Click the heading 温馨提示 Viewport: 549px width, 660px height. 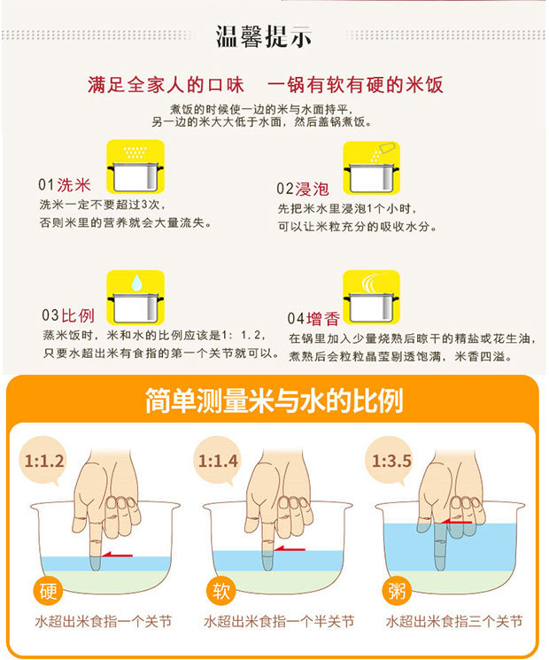(264, 36)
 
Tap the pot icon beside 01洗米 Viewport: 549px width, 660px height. (135, 167)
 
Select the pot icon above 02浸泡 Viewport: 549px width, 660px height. (371, 167)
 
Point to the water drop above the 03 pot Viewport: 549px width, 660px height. (136, 283)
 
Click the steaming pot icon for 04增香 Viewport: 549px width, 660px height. (371, 297)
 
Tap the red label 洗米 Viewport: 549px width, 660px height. (73, 185)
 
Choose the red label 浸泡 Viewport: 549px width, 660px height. (312, 189)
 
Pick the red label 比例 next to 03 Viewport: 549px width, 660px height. (78, 315)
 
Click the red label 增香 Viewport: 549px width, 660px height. (322, 319)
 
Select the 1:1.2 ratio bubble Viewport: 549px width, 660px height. (43, 461)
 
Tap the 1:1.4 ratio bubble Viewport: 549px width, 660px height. (218, 461)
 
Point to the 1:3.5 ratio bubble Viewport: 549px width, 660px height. (390, 461)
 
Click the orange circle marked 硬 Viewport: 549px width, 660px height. (48, 591)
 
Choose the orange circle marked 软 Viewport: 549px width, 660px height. (220, 591)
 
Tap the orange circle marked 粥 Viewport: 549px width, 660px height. (397, 591)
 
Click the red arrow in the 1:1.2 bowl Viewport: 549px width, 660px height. (117, 555)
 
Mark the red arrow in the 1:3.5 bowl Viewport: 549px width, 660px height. (456, 522)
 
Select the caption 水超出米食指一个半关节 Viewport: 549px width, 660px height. (279, 621)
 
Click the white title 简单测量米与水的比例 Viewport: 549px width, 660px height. (274, 400)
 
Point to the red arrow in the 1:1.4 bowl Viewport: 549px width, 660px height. (290, 548)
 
